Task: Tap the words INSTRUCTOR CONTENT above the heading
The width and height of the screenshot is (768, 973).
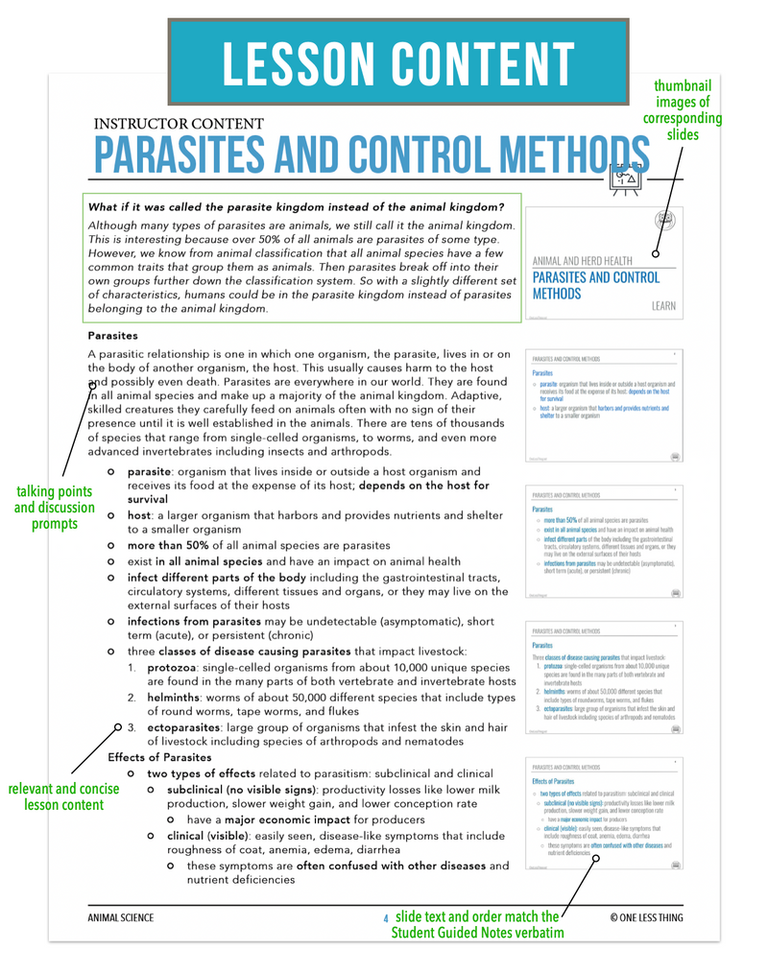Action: point(179,123)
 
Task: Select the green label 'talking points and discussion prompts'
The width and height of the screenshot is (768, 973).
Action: point(55,508)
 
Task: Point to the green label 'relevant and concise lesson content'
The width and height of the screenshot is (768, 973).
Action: point(64,796)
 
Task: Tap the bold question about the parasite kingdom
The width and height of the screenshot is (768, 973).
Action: point(296,206)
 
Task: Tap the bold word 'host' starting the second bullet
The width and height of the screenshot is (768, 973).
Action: point(139,515)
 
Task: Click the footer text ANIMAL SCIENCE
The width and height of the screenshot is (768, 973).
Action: point(120,918)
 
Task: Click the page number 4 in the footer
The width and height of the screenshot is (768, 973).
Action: point(385,919)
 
